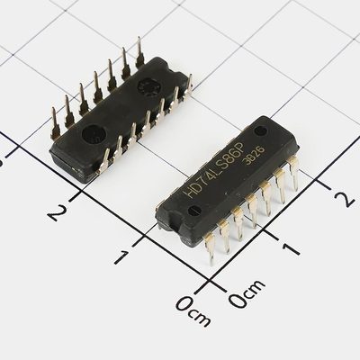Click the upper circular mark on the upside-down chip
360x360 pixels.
[x=146, y=85]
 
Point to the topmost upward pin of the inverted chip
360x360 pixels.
[x=140, y=48]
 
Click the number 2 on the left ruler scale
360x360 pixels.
[x=57, y=212]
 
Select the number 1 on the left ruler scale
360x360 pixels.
[x=121, y=256]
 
